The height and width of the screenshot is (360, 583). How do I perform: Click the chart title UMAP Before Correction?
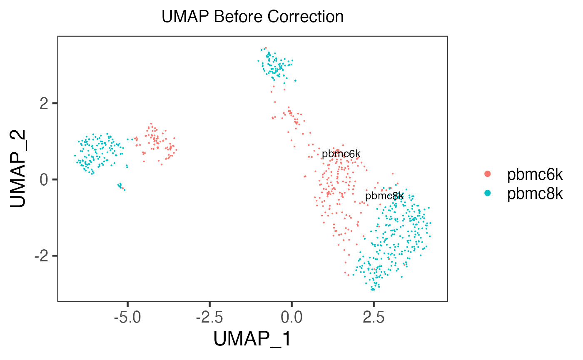tap(252, 17)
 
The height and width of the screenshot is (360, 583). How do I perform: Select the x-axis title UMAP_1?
tap(252, 339)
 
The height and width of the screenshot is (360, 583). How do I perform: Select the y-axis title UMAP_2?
tap(20, 168)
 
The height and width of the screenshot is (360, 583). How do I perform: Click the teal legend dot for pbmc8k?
tap(488, 193)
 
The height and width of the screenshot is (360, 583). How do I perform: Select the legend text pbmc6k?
tap(535, 175)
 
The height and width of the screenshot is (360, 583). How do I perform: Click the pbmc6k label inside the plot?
tap(341, 154)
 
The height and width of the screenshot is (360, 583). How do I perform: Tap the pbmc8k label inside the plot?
tap(384, 196)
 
